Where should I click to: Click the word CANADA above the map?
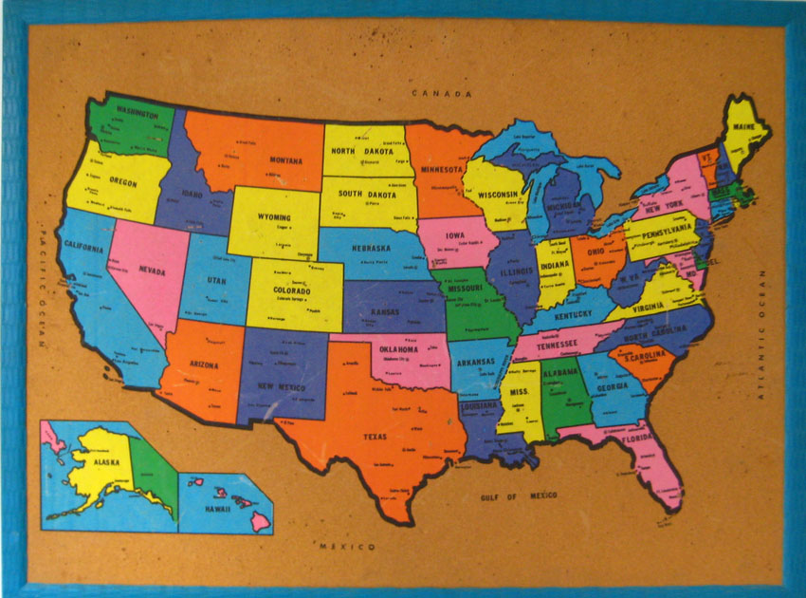(442, 94)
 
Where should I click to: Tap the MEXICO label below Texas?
(347, 547)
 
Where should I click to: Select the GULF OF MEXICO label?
(519, 496)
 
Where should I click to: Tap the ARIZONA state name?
(202, 364)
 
